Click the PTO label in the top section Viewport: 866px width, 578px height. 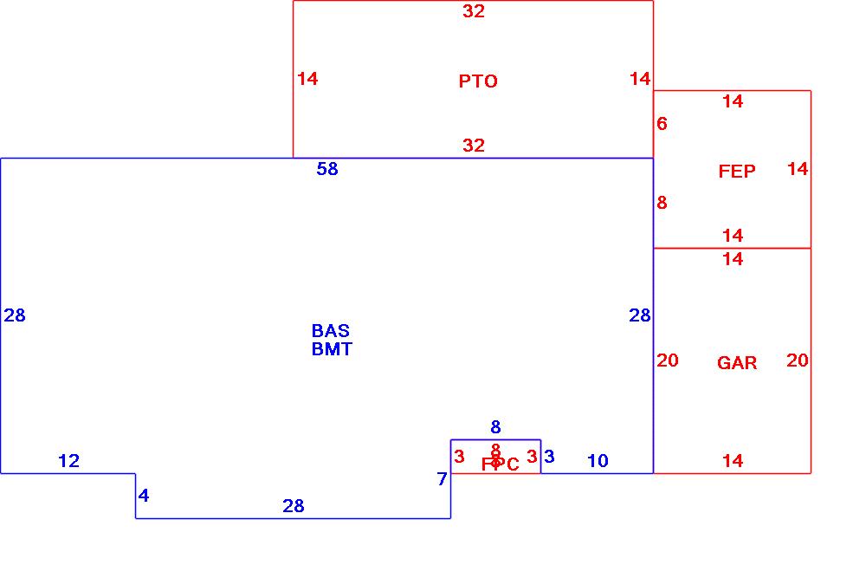[478, 81]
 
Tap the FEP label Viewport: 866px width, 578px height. [737, 172]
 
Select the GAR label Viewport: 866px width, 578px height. [737, 363]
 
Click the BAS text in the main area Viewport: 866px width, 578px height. [331, 331]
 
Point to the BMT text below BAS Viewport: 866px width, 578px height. [332, 349]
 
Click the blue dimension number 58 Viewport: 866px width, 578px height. [327, 169]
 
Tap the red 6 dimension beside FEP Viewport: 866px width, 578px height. [662, 124]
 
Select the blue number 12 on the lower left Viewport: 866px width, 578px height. [69, 461]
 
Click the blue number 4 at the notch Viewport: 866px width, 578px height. [144, 496]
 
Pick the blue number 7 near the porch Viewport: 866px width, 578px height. [442, 479]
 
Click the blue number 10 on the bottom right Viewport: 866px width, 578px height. [598, 461]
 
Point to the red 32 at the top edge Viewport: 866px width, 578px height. [474, 11]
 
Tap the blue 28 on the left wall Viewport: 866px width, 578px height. [15, 315]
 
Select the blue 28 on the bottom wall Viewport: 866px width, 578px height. [294, 506]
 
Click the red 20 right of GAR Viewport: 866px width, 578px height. [798, 360]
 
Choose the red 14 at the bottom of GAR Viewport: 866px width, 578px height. [733, 461]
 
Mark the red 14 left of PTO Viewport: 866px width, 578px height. [307, 79]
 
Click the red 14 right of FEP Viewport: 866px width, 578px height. [798, 169]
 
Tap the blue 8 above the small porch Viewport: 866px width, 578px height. [495, 427]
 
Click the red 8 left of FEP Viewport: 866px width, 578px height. [662, 203]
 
